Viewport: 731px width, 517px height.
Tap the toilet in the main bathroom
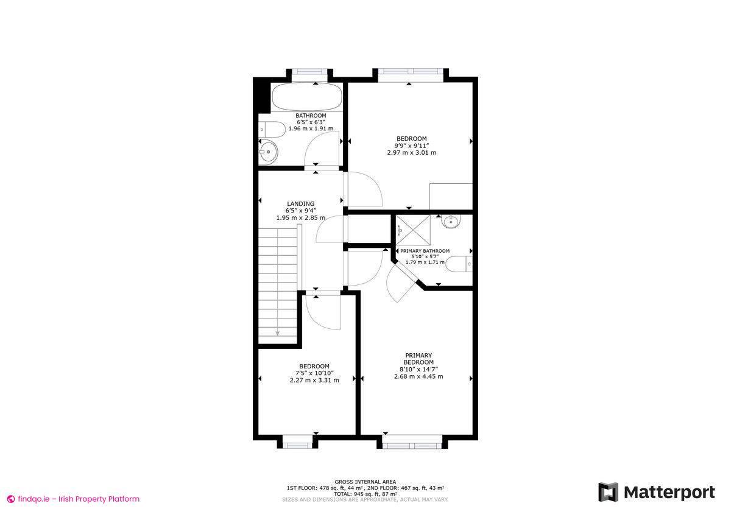[x=269, y=129]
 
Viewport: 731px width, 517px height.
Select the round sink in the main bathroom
[x=268, y=152]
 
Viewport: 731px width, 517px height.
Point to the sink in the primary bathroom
[x=451, y=221]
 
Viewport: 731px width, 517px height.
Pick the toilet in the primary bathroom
[x=458, y=264]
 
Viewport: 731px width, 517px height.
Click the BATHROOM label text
[x=311, y=116]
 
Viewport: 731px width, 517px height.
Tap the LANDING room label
[x=301, y=204]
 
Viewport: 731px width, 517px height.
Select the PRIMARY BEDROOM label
[x=418, y=359]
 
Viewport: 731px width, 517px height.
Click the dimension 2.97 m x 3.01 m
[x=411, y=152]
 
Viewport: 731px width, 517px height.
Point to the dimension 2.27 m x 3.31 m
[x=314, y=380]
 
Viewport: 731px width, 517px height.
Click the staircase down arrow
[x=278, y=332]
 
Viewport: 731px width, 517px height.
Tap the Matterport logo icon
[x=608, y=492]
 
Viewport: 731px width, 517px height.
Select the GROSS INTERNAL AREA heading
[x=365, y=481]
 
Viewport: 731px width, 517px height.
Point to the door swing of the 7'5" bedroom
[x=322, y=314]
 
